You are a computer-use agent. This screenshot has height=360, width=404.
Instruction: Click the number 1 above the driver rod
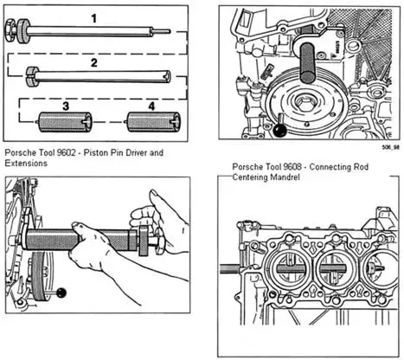point(93,19)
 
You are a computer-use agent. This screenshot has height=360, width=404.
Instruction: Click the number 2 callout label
point(94,63)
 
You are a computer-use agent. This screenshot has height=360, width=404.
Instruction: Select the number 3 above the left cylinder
point(66,106)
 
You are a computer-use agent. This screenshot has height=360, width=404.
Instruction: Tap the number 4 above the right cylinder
point(151,106)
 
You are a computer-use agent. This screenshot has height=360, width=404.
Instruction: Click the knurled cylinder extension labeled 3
point(65,122)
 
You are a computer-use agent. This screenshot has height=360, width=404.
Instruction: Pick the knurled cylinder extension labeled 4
point(154,122)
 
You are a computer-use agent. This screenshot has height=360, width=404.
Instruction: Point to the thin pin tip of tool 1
point(162,31)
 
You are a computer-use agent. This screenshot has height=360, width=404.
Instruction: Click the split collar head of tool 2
point(32,77)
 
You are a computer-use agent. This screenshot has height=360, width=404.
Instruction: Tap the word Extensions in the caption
point(26,164)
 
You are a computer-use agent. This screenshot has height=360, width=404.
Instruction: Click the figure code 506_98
point(391,147)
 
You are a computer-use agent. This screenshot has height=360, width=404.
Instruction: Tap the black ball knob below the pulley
point(279,131)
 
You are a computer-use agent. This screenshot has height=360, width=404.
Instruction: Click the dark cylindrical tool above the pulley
point(307,61)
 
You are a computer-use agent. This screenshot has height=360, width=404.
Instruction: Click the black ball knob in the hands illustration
point(61,293)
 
